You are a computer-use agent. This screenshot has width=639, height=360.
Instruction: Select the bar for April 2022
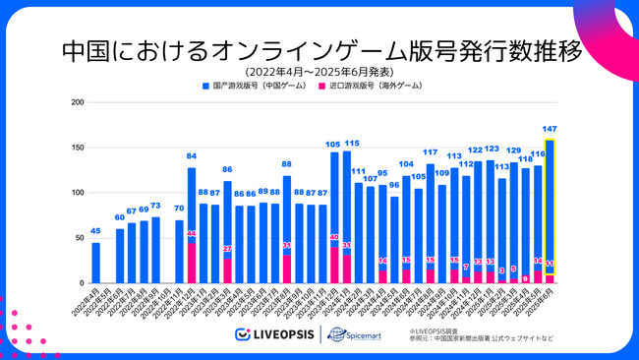pos(95,263)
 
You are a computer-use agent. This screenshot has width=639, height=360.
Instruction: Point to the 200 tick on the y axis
pos(76,102)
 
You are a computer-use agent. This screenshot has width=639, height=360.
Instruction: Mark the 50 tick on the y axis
pos(78,238)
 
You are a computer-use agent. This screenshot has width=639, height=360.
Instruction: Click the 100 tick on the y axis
pos(76,193)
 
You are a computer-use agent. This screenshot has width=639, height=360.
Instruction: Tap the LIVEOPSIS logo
pos(270,334)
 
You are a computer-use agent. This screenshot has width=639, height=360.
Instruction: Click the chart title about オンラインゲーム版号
pos(320,49)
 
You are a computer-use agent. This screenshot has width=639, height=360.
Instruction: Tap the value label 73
pos(155,206)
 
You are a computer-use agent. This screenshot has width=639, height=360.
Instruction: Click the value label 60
pos(120,217)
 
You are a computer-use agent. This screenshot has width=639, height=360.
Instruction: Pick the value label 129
pos(513,150)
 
